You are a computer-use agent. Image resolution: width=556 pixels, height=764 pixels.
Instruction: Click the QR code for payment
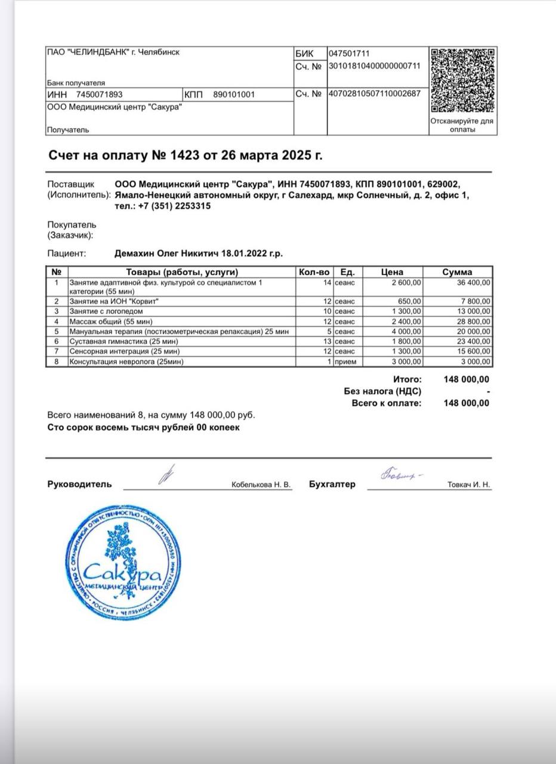click(463, 81)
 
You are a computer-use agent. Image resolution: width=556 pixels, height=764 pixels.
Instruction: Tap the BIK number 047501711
click(350, 54)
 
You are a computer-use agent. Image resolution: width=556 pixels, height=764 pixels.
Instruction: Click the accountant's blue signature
click(400, 476)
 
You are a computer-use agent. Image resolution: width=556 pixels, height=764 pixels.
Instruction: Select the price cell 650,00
click(410, 301)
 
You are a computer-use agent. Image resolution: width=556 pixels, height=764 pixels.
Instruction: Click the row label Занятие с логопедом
click(107, 311)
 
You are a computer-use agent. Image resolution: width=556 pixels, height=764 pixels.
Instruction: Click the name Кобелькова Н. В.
click(261, 485)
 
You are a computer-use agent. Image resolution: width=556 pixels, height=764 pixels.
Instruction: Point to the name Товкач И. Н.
click(469, 485)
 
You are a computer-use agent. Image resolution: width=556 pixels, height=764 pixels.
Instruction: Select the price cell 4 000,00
click(406, 331)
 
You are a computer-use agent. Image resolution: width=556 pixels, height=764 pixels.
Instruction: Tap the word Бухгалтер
click(332, 485)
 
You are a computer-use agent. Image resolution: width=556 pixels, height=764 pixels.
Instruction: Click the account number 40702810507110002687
click(375, 94)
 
